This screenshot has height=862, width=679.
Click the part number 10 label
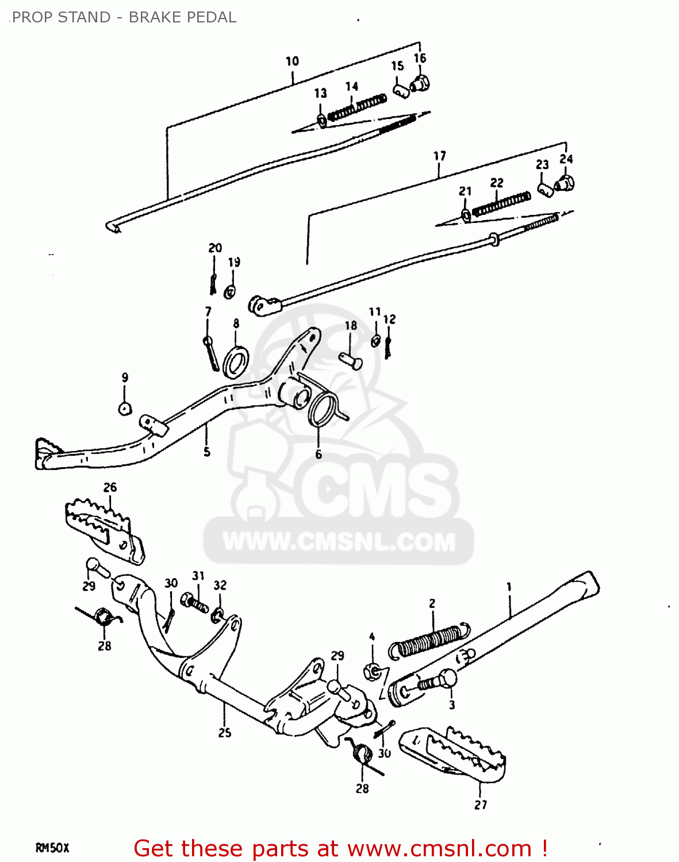[x=292, y=61]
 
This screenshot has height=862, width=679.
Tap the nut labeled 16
[x=421, y=84]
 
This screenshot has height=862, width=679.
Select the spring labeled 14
[x=357, y=107]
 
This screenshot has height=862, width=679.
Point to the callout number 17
[x=439, y=156]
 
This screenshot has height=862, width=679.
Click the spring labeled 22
[x=501, y=204]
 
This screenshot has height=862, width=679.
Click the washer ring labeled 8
[x=236, y=362]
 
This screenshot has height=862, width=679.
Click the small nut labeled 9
[x=125, y=409]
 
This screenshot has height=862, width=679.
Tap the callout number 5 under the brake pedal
[x=207, y=452]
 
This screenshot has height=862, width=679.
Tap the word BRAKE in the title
[x=151, y=17]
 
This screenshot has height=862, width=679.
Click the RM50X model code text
[x=52, y=848]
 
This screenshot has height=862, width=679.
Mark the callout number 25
[x=224, y=732]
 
